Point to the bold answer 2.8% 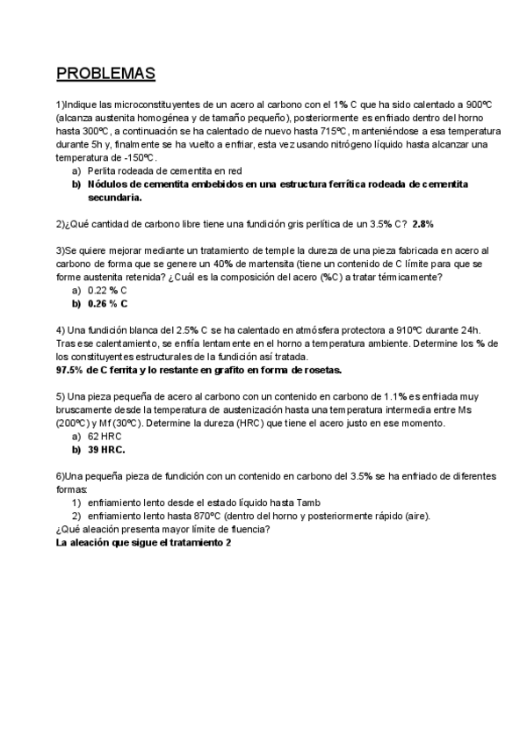[423, 223]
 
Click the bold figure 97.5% [76, 370]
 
